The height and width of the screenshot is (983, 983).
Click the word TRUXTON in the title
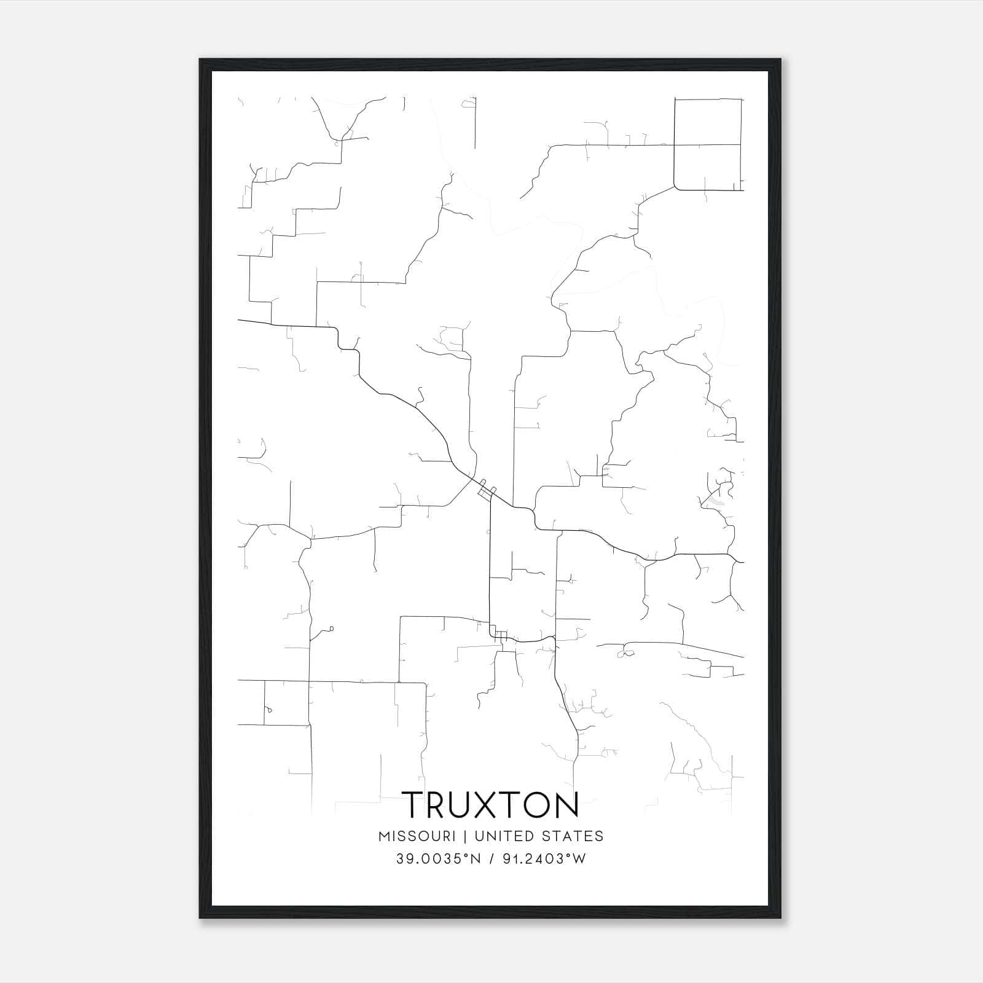(491, 805)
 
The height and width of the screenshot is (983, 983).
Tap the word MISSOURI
(417, 836)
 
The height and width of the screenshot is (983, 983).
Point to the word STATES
(575, 836)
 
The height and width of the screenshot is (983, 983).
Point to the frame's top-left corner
(200, 60)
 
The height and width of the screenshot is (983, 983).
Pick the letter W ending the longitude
(579, 859)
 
